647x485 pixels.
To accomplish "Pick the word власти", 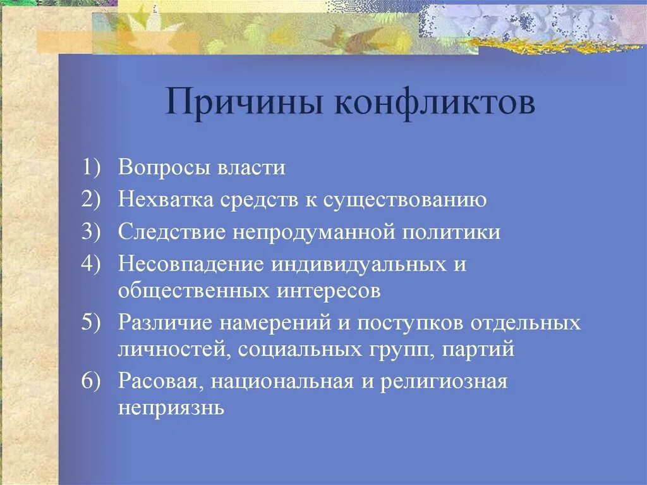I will pos(251,168).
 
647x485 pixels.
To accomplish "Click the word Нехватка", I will pos(166,200).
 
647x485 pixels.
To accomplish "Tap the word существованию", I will pos(404,200).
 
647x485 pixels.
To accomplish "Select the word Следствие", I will pos(171,232).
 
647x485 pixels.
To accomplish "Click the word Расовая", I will pos(159,382).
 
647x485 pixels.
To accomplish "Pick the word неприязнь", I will pos(171,408).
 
